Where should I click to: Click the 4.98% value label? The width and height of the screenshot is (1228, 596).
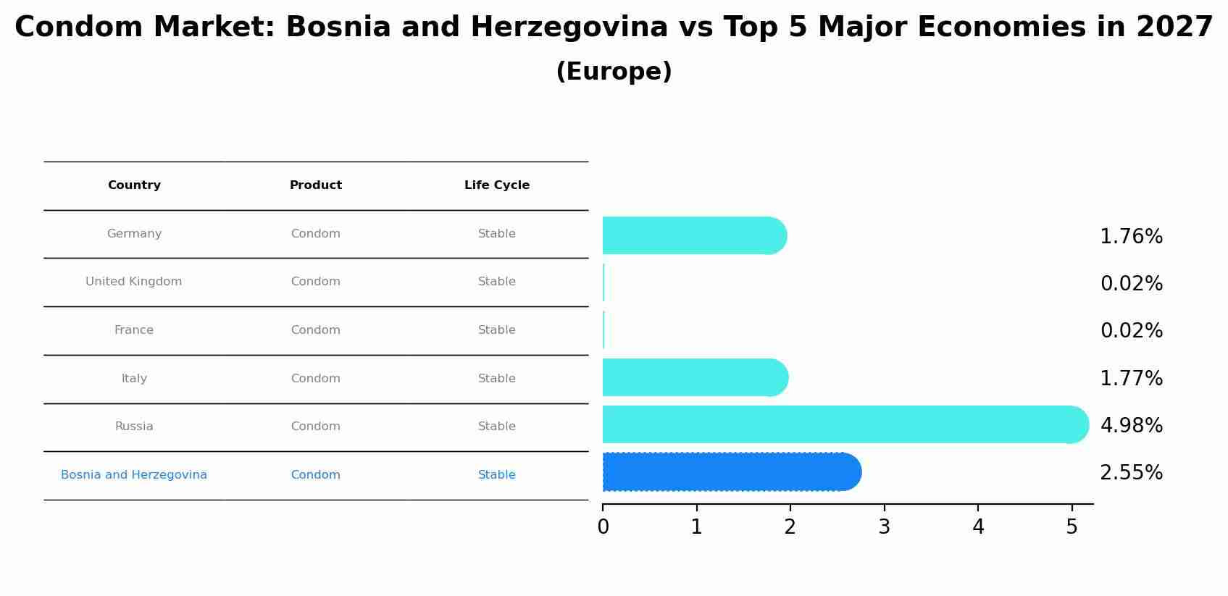click(x=1131, y=426)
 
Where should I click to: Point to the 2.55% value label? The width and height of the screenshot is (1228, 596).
click(x=1131, y=473)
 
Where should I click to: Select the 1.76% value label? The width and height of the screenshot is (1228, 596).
click(x=1131, y=237)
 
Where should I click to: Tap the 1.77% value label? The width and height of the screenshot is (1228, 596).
click(x=1131, y=379)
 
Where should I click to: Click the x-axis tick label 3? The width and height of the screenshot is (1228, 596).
click(x=884, y=527)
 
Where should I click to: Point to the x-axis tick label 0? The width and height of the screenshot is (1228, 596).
click(x=603, y=527)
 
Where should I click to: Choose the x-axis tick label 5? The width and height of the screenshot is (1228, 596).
click(x=1072, y=527)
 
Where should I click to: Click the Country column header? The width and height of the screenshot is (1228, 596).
click(x=134, y=185)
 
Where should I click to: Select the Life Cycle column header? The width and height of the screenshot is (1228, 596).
click(x=497, y=185)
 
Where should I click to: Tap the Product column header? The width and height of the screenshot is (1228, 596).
click(x=316, y=185)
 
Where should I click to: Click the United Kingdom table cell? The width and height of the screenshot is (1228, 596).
click(x=134, y=282)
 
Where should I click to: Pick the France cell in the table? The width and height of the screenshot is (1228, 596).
click(x=134, y=330)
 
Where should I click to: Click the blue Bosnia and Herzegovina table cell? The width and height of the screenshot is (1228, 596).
click(x=134, y=475)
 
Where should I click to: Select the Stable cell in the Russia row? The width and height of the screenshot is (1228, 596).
click(x=497, y=427)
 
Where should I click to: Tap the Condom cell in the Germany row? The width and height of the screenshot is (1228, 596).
click(x=316, y=234)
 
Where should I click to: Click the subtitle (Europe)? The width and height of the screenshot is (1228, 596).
click(x=614, y=72)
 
